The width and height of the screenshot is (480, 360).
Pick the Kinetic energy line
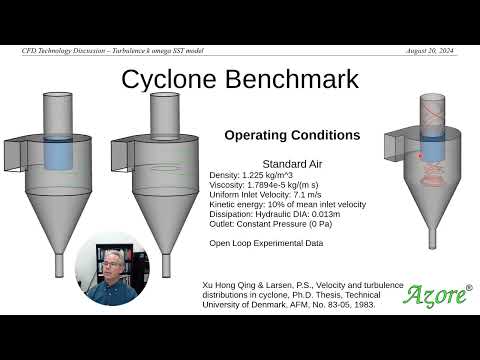(288, 205)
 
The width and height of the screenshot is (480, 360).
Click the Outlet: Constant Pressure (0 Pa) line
(271, 225)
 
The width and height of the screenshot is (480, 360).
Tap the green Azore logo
(437, 294)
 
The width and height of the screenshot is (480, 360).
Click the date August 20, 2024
(432, 50)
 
